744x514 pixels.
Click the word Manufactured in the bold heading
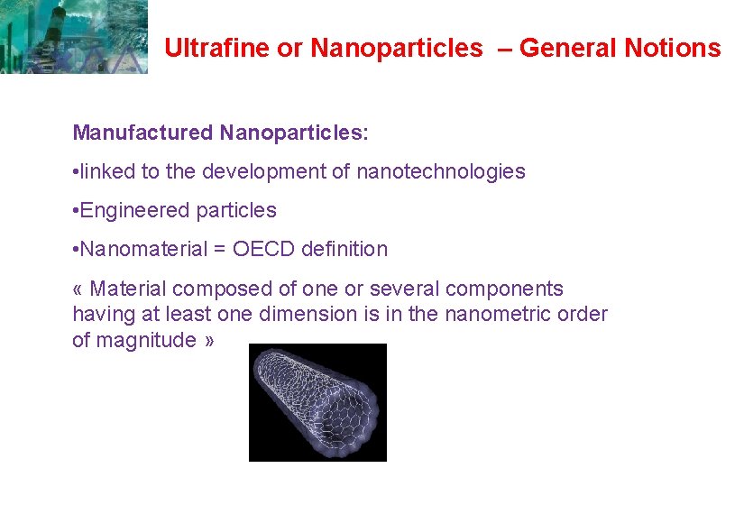point(142,133)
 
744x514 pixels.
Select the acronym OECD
point(263,249)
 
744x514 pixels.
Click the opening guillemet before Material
point(78,289)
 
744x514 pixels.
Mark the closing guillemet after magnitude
point(209,341)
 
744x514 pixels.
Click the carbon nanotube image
point(317,402)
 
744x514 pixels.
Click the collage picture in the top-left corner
point(74,36)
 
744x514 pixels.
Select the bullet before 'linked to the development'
point(76,172)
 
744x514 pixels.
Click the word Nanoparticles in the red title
point(397,48)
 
